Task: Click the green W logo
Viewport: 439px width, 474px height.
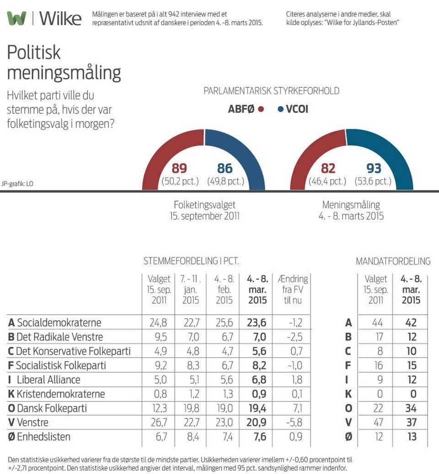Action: click(17, 19)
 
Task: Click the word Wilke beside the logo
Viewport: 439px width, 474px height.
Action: click(60, 19)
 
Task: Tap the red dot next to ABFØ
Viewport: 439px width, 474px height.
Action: click(261, 110)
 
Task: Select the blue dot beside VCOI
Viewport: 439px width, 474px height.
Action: click(280, 110)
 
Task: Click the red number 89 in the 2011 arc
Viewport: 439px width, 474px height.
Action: click(179, 169)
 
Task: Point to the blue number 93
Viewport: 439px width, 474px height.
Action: click(374, 169)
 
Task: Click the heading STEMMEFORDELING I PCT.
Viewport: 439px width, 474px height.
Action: click(191, 261)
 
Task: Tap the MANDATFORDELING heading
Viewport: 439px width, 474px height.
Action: click(393, 261)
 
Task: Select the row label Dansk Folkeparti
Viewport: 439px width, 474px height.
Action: click(52, 408)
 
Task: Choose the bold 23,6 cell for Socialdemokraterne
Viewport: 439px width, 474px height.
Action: click(257, 323)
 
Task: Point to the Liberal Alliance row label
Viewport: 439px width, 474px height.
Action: click(48, 380)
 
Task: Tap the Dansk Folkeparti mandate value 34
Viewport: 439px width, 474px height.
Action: click(412, 408)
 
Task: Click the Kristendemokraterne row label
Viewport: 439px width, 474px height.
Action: click(61, 394)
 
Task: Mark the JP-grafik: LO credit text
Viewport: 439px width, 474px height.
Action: click(17, 184)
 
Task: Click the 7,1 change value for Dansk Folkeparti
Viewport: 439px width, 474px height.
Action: click(296, 408)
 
